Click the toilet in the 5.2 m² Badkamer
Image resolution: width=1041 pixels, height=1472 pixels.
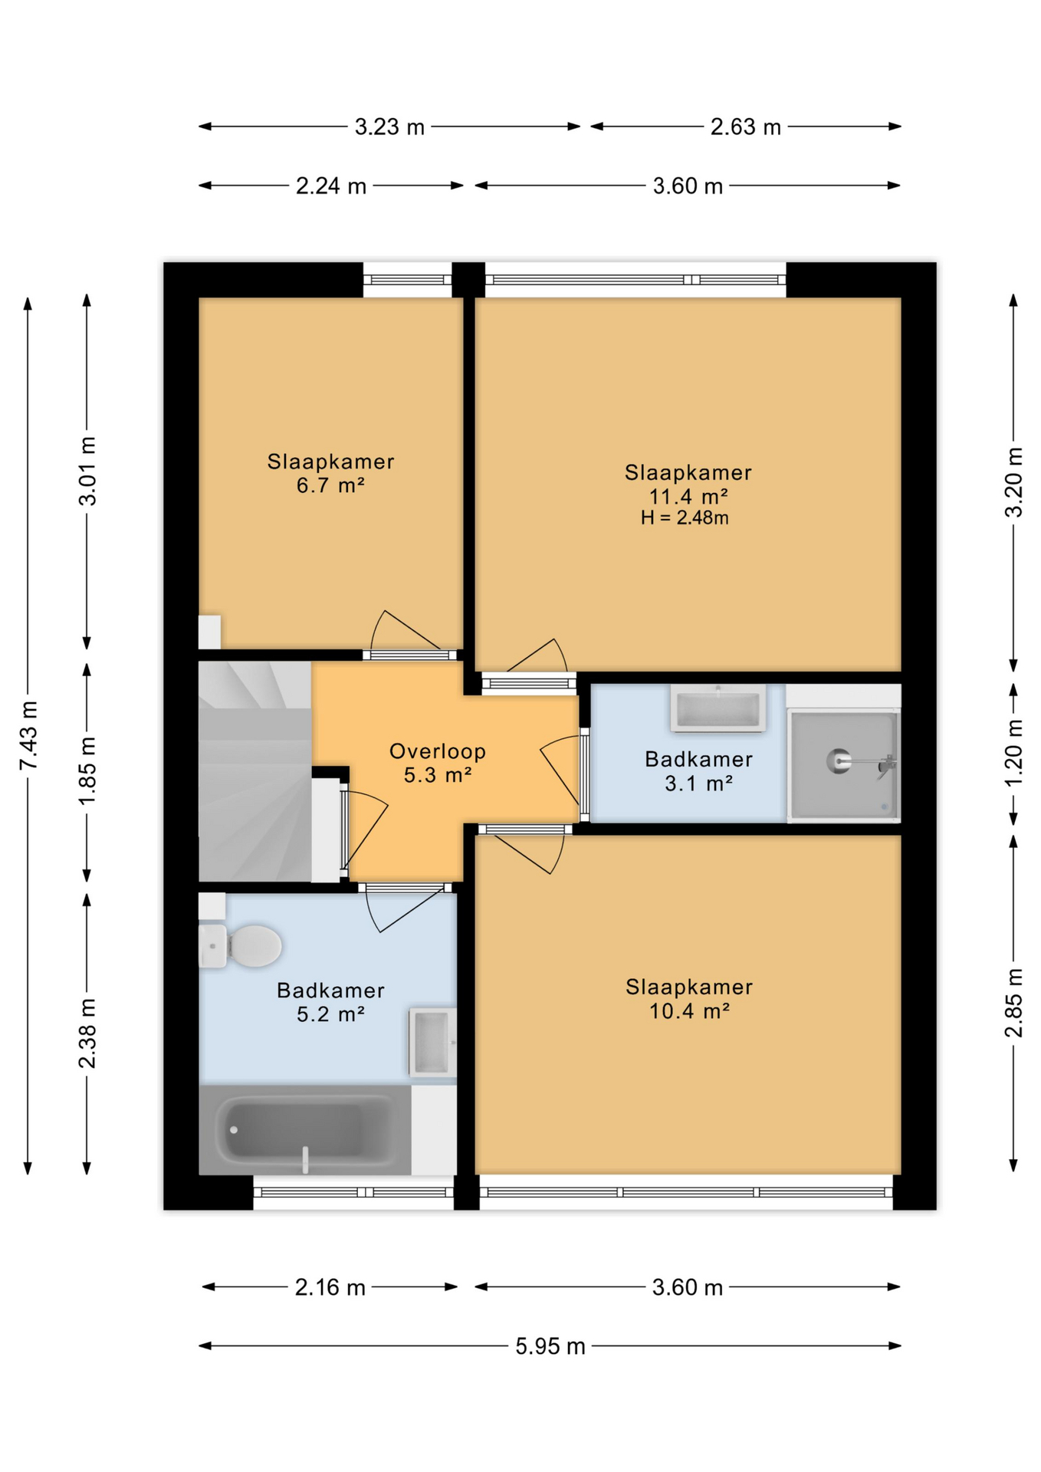tap(240, 946)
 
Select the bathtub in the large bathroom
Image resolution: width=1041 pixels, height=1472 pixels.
tap(305, 1129)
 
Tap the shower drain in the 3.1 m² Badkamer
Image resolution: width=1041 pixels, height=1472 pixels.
tap(839, 761)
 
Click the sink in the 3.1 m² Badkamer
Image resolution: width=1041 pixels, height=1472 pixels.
tap(718, 708)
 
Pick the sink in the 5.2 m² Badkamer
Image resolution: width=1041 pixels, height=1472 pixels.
tap(432, 1043)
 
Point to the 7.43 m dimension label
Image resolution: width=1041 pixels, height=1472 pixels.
tap(28, 735)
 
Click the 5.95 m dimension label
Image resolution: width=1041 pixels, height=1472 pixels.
tap(550, 1345)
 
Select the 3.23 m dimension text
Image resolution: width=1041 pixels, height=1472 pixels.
tap(389, 127)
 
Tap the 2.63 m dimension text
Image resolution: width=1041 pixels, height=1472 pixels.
tap(745, 127)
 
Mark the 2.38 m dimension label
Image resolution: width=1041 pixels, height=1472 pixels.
tap(87, 1033)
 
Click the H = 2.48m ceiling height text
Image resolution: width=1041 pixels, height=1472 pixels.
tap(685, 517)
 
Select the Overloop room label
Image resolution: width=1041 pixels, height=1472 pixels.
tap(437, 751)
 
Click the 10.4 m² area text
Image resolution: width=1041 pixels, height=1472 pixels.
tap(689, 1011)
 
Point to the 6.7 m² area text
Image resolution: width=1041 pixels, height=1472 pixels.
tap(330, 485)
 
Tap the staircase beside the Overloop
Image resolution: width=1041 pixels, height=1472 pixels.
tap(255, 771)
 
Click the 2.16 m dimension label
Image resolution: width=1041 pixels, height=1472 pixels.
tap(330, 1286)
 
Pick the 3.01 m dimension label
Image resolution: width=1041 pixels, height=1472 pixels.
tap(87, 471)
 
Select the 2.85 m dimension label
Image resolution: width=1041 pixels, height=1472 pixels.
tap(1013, 1003)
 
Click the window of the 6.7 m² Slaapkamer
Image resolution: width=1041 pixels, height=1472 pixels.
tap(407, 280)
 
